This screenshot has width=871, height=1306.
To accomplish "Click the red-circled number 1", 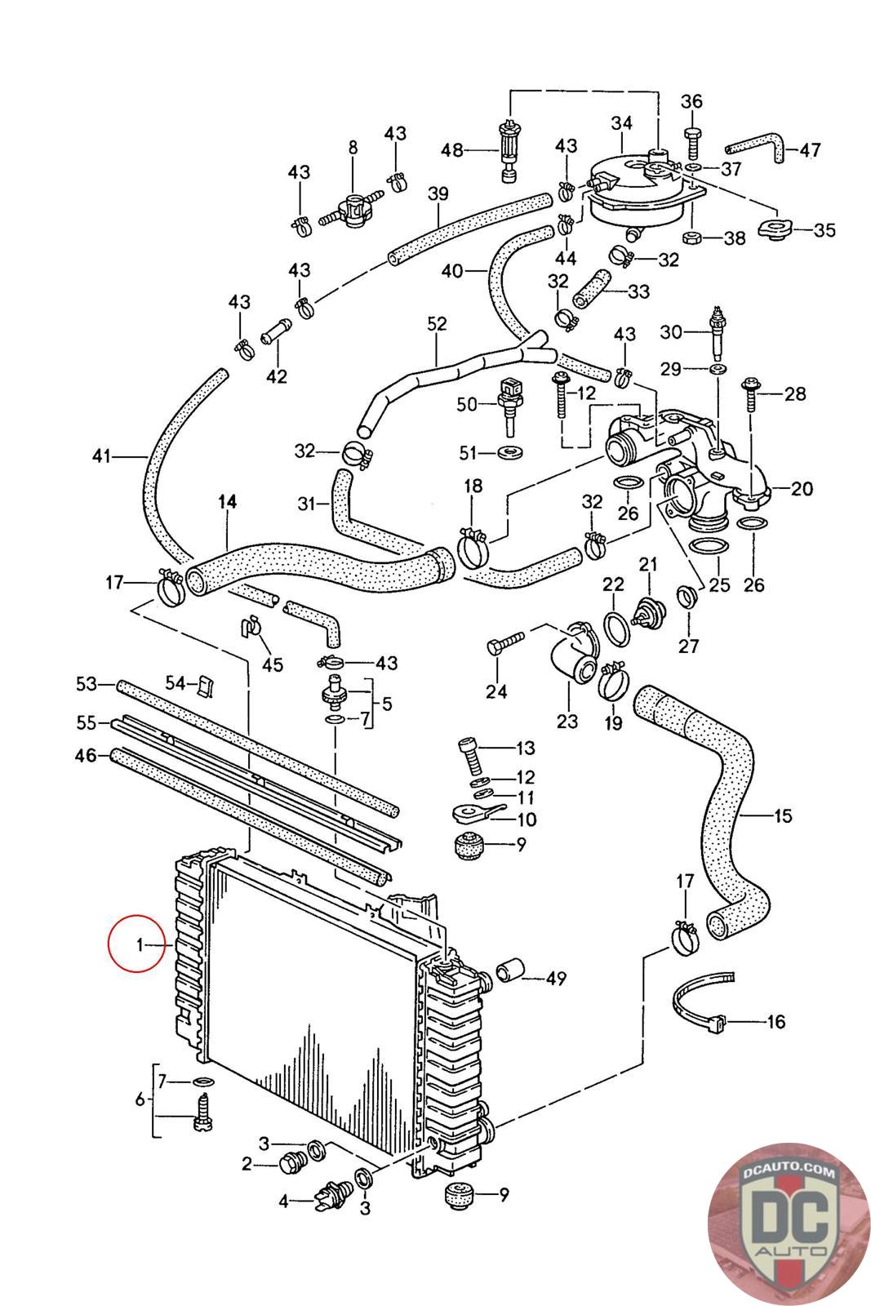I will coord(140,944).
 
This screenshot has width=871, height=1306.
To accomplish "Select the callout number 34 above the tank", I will coord(622,123).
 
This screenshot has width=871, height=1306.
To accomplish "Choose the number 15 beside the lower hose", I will coord(782,815).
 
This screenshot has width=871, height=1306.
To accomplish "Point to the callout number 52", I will coord(437,324).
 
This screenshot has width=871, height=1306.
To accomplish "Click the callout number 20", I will coord(802,489).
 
